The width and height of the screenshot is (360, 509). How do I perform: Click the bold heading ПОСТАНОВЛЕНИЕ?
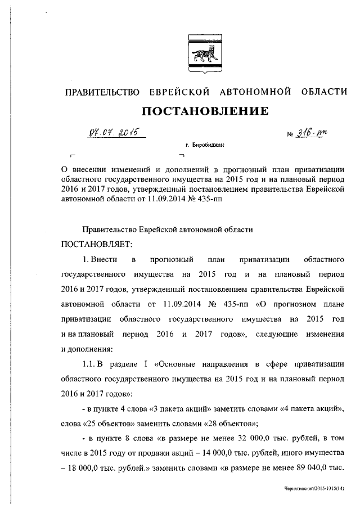(204, 110)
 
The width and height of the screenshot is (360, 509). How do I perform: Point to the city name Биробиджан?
(210, 145)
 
